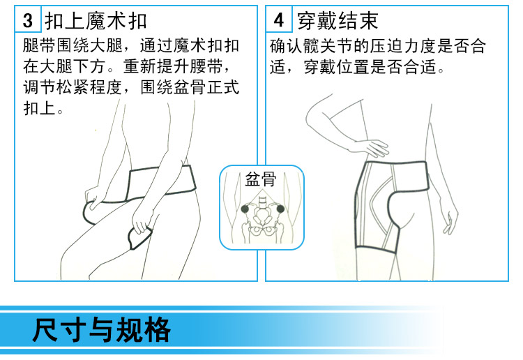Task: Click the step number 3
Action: pyautogui.click(x=28, y=20)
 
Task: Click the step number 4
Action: pyautogui.click(x=279, y=20)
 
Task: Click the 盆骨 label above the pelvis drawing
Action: pyautogui.click(x=261, y=179)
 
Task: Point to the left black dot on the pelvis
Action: pyautogui.click(x=245, y=209)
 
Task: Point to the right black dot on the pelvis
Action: pyautogui.click(x=280, y=209)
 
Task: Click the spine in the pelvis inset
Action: pyautogui.click(x=262, y=205)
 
